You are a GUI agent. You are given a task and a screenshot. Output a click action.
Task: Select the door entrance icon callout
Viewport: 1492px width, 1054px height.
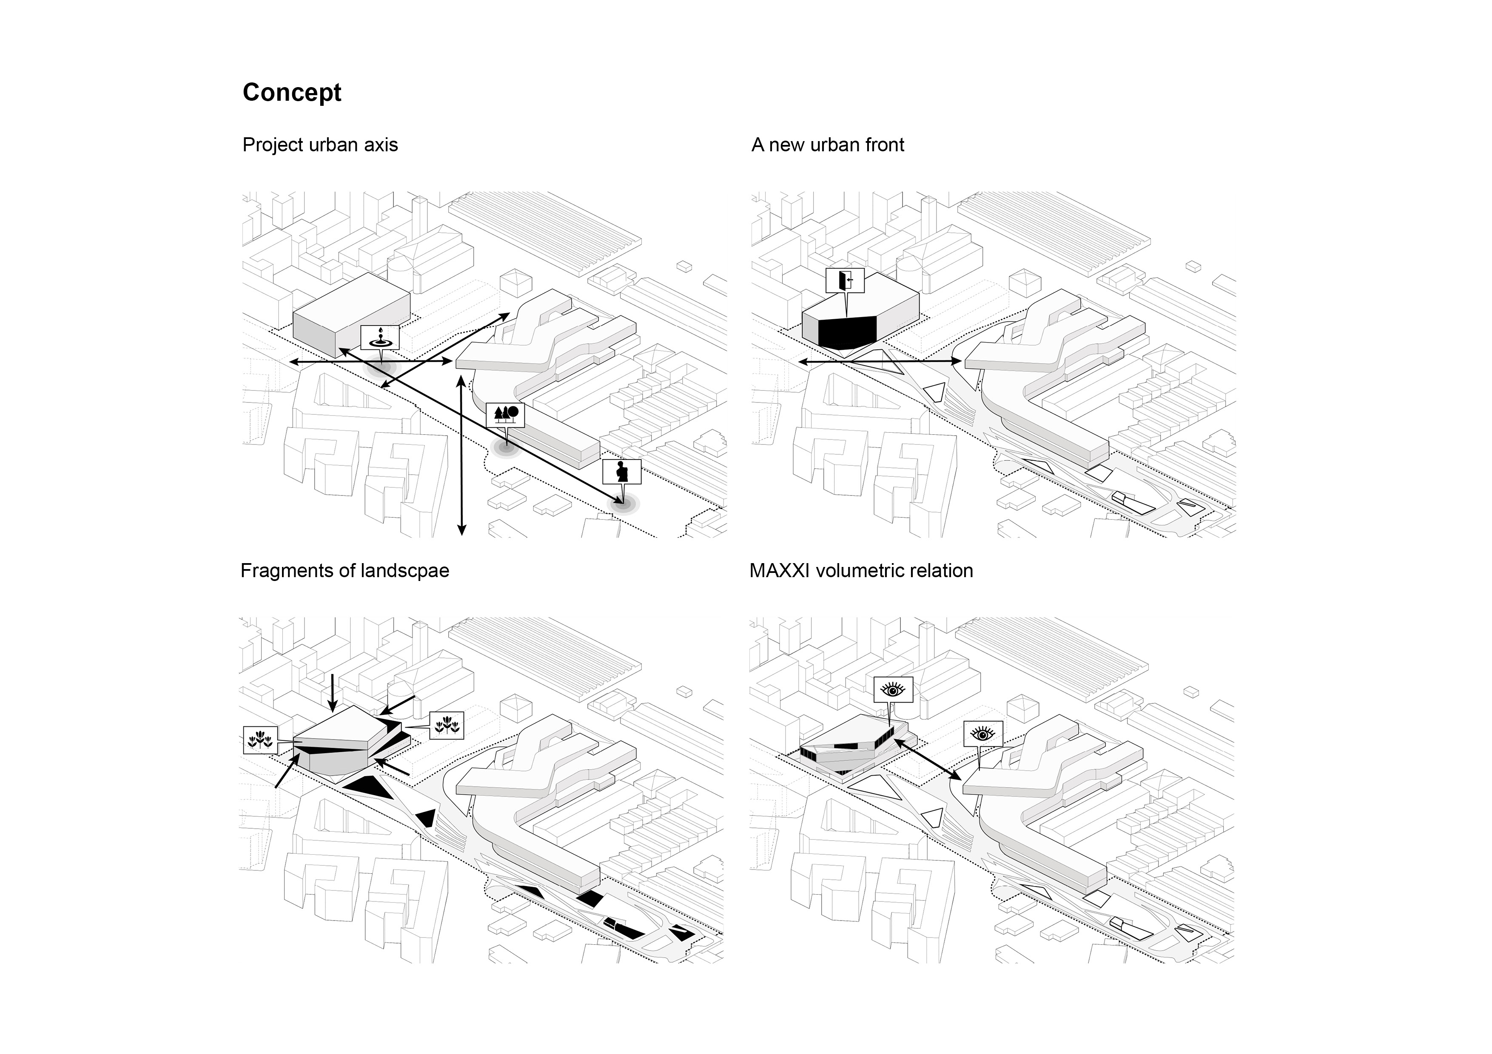click(846, 280)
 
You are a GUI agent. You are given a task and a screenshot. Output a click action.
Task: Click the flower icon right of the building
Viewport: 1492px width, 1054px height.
click(447, 725)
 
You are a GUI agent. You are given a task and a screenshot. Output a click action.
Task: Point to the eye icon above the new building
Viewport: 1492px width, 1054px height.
click(892, 690)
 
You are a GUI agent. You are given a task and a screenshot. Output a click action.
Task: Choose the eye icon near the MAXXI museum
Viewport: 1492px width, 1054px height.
click(982, 734)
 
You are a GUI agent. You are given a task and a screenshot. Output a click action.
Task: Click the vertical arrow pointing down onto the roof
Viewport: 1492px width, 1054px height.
click(332, 692)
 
